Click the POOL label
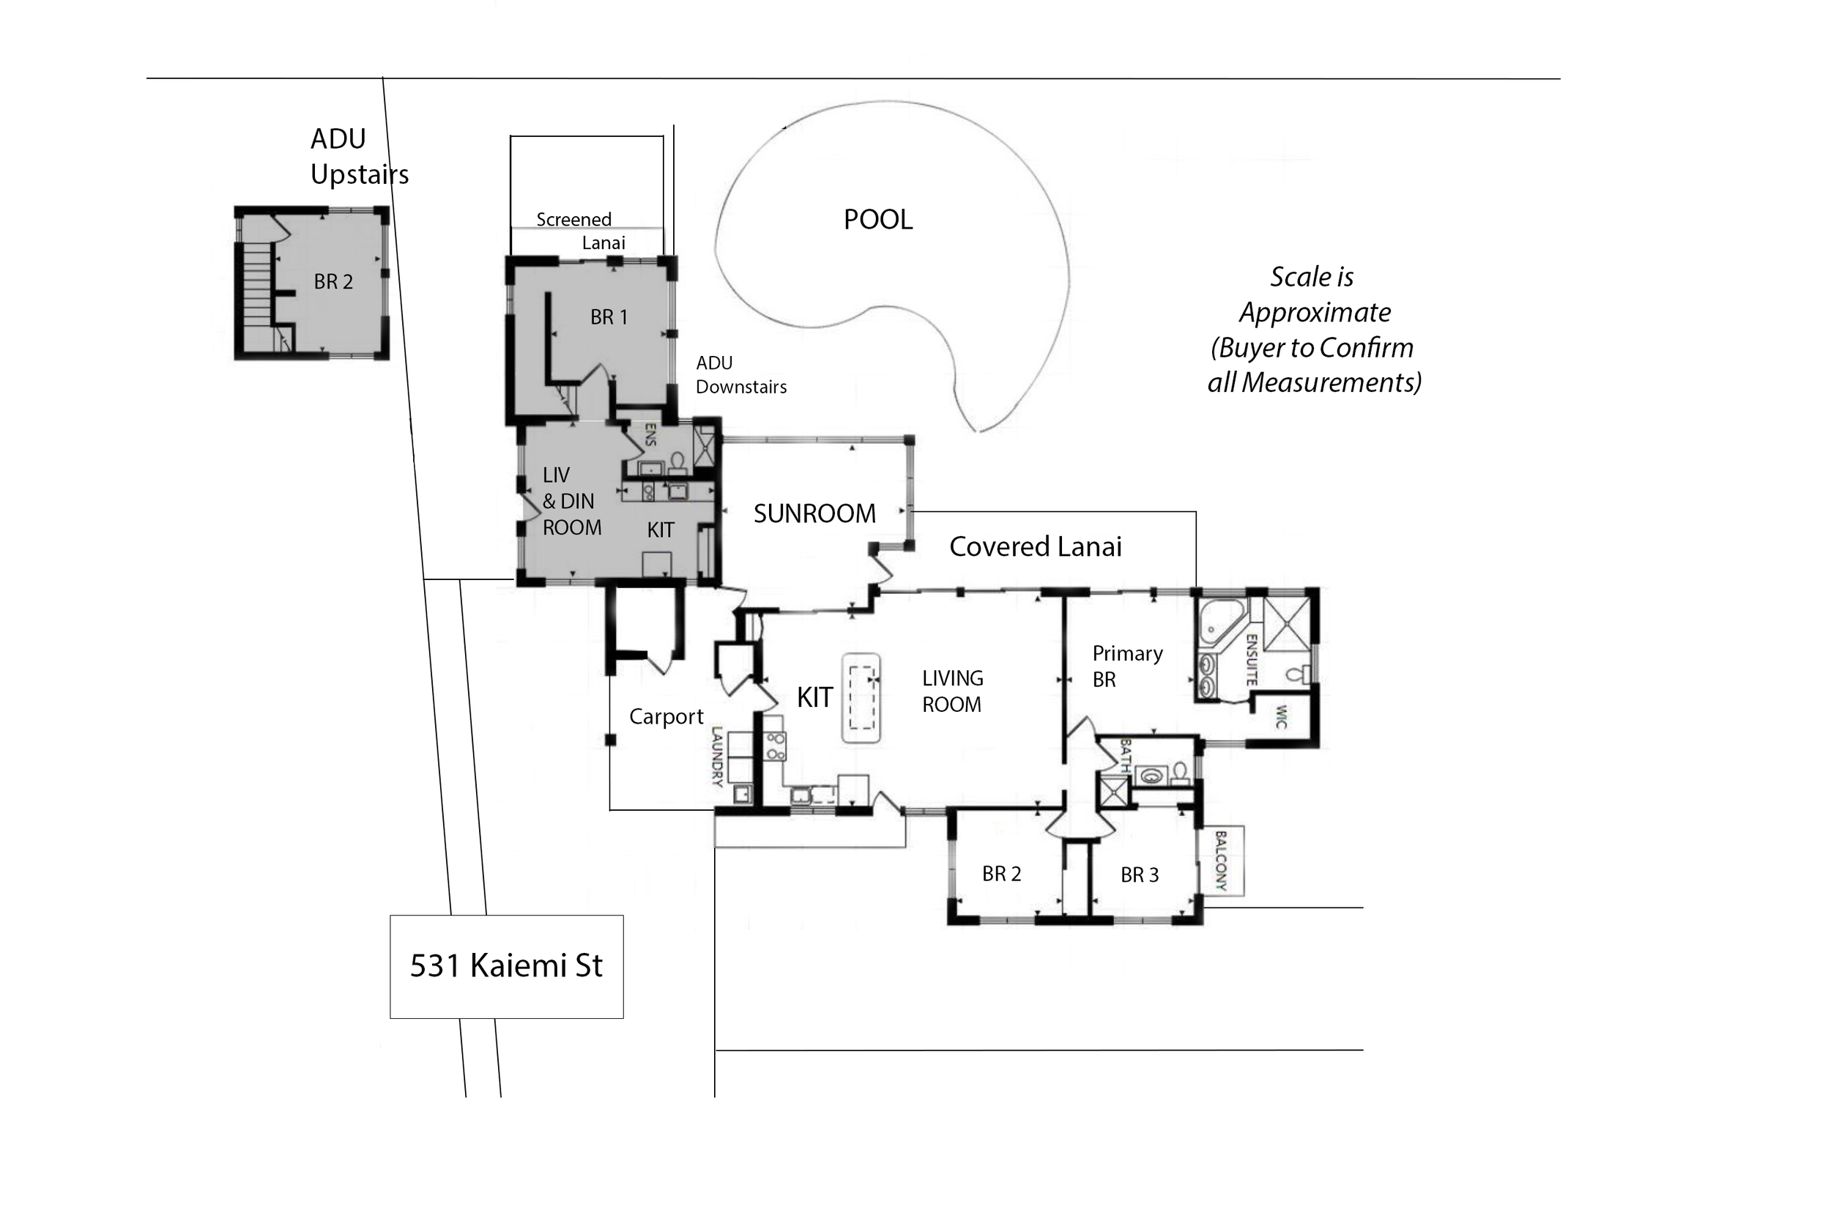(x=878, y=220)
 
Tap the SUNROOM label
(x=814, y=514)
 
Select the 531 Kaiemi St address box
(x=507, y=966)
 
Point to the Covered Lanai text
(x=1036, y=546)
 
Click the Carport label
(x=666, y=716)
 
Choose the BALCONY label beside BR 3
(x=1221, y=861)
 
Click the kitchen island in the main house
(x=861, y=698)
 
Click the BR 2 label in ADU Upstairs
(x=333, y=282)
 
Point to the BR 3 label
(x=1140, y=875)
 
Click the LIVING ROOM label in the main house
(x=952, y=691)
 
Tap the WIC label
(x=1282, y=716)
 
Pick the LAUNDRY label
(x=718, y=756)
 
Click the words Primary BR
(x=1127, y=667)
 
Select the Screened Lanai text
(x=581, y=231)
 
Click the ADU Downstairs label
(x=741, y=375)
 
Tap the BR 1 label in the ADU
(x=609, y=318)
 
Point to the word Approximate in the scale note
(x=1315, y=313)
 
